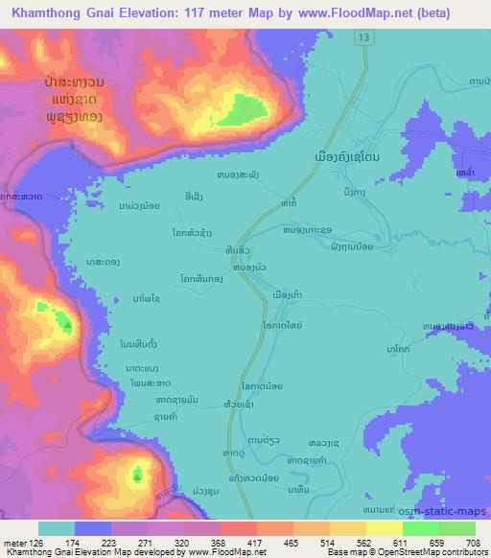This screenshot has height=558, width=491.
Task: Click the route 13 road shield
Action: tap(362, 36)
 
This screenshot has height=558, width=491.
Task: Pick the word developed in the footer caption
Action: tap(142, 553)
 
